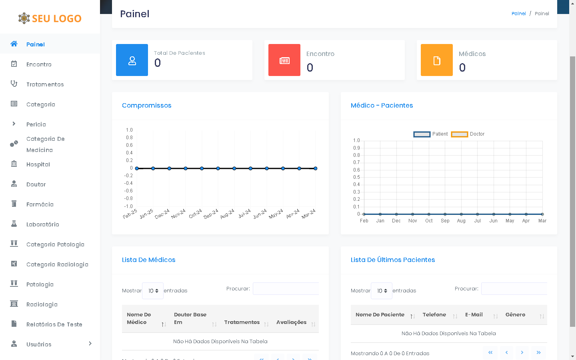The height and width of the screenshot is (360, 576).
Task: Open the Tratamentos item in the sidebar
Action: tap(45, 84)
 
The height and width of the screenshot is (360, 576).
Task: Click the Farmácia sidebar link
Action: tap(40, 204)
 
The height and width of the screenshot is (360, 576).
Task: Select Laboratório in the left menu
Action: tap(42, 224)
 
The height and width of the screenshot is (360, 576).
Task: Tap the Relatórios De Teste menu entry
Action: tap(54, 324)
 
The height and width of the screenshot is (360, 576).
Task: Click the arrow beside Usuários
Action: tap(90, 344)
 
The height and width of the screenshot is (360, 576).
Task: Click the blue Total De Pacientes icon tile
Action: tap(132, 60)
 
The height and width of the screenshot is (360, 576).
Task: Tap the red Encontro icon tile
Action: tap(284, 60)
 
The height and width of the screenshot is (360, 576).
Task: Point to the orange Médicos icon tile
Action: tap(437, 60)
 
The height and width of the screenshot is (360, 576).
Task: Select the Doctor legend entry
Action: tap(468, 134)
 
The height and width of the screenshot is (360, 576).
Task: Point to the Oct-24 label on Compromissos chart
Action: tap(196, 214)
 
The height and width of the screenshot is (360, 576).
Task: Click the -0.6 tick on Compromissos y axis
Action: tap(128, 191)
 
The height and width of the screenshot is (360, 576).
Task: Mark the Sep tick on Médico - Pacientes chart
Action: tap(445, 221)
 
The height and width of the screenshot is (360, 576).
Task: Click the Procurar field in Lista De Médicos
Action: tap(286, 289)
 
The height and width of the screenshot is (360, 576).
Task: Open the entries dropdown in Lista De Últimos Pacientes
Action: tap(381, 291)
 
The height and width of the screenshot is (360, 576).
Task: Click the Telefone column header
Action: tap(434, 315)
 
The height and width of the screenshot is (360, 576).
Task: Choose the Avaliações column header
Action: tap(291, 322)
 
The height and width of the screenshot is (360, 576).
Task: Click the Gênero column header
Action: tap(515, 315)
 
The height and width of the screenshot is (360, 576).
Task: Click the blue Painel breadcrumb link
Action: tap(518, 14)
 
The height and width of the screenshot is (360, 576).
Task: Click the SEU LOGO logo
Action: tap(50, 18)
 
